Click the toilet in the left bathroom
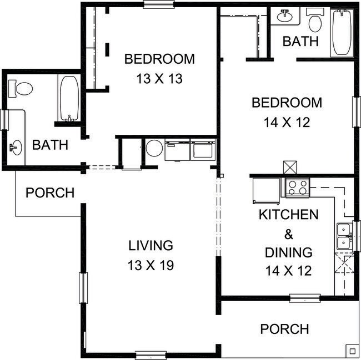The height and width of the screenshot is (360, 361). [23, 88]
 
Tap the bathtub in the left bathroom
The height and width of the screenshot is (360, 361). [69, 99]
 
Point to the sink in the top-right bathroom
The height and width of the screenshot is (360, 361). [285, 16]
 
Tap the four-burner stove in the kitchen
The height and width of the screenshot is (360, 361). [297, 187]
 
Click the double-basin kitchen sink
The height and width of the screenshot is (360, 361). [344, 236]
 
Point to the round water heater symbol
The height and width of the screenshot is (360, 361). [154, 149]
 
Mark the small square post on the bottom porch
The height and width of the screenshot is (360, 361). [351, 350]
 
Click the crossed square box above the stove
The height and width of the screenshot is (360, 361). [289, 167]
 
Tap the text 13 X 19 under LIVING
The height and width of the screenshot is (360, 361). [152, 265]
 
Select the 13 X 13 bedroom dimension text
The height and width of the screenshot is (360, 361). [159, 79]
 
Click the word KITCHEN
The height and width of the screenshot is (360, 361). [288, 214]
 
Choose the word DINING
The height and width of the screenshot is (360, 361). [288, 252]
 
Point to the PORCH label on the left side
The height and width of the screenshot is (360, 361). [50, 193]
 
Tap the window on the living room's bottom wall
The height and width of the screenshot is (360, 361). [151, 354]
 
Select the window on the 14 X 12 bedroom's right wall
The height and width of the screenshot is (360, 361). [355, 111]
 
